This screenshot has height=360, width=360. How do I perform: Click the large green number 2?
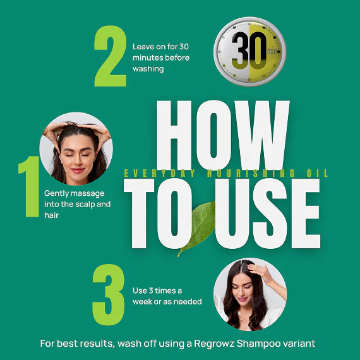click(x=110, y=56)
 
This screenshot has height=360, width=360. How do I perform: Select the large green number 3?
click(x=109, y=294)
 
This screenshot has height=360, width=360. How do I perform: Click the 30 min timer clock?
click(x=250, y=51)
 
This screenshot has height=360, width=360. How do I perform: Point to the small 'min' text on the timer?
click(x=272, y=51)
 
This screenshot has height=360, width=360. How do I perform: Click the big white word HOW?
click(x=223, y=135)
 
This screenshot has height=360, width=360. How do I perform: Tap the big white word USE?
click(x=268, y=213)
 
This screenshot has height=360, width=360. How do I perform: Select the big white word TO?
click(x=159, y=213)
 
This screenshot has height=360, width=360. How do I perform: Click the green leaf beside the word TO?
click(x=199, y=228)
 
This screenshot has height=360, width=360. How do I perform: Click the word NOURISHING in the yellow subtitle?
click(x=251, y=173)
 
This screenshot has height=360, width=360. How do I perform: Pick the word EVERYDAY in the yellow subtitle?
click(x=159, y=173)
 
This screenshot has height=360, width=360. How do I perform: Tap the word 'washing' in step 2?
click(x=148, y=69)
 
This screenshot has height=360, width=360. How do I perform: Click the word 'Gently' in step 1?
click(x=57, y=193)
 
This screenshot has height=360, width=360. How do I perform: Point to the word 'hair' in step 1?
click(x=51, y=215)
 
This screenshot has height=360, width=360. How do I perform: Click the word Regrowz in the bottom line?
click(x=214, y=344)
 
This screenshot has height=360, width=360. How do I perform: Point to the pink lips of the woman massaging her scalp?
click(x=78, y=171)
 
